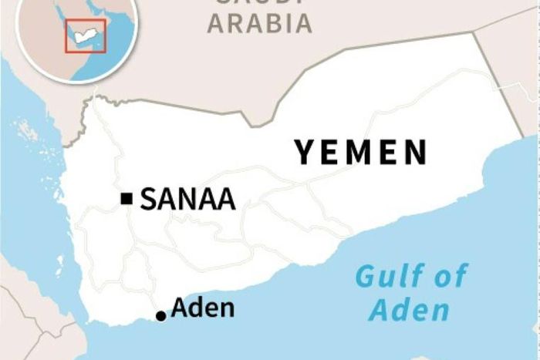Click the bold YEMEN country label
360,153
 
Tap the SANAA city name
187,200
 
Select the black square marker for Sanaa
127,200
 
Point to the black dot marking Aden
160,315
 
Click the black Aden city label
202,308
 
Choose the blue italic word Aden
409,310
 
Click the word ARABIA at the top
260,23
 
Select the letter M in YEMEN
360,153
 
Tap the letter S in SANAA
148,200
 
